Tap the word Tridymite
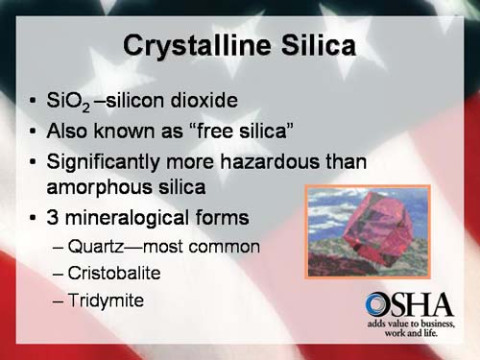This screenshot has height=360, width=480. pos(106,300)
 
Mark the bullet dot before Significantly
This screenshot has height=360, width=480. pos(34,160)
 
